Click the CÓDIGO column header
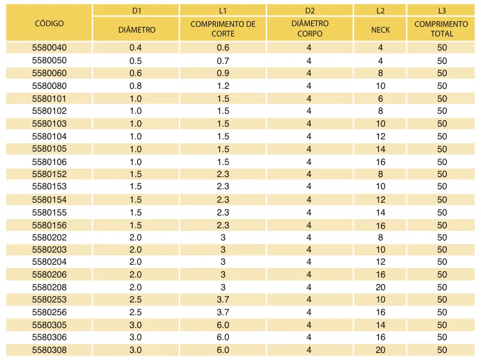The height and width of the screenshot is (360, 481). (x=49, y=24)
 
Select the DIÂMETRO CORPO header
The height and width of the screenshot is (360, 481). (x=310, y=29)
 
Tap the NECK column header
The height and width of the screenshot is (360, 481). (x=380, y=30)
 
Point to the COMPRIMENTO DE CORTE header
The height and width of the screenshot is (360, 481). (x=223, y=29)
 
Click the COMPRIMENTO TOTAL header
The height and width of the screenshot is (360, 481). (x=441, y=29)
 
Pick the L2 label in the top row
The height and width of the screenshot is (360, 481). (x=380, y=11)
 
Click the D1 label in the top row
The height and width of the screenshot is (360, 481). (x=137, y=11)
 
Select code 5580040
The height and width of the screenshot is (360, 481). (x=49, y=47)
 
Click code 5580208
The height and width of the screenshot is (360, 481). (x=49, y=287)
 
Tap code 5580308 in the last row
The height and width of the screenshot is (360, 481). (x=49, y=350)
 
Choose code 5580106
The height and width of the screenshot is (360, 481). (x=49, y=162)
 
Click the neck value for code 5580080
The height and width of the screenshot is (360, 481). (x=380, y=86)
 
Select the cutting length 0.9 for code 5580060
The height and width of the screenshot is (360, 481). (x=223, y=73)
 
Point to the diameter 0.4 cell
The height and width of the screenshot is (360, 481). (x=135, y=47)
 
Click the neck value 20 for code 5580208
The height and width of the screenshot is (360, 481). (x=380, y=287)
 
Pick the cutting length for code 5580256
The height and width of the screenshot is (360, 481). (x=223, y=312)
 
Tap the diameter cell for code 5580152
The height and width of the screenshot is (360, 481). (x=135, y=174)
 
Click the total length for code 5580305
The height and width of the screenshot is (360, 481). (x=442, y=325)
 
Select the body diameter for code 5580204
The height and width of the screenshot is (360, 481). (x=309, y=262)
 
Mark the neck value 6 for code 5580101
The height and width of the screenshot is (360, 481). (x=380, y=98)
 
